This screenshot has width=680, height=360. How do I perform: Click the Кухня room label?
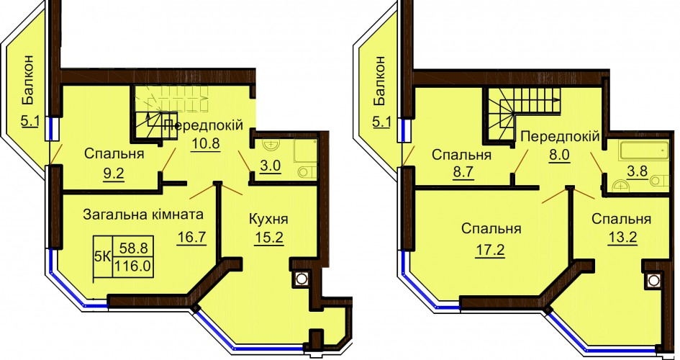tap(268, 219)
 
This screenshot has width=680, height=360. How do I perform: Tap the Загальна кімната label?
tap(143, 215)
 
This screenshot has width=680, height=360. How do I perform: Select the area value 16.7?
tap(191, 238)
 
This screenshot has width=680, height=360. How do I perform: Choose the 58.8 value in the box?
tap(135, 248)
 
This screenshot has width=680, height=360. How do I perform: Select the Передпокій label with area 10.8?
tap(204, 126)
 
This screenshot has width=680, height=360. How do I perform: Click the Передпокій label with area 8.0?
tap(561, 136)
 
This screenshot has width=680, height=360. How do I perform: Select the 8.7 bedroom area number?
tap(461, 173)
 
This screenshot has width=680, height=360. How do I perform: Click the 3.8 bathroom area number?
tap(638, 171)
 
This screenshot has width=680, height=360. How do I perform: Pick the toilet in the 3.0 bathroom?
tap(307, 172)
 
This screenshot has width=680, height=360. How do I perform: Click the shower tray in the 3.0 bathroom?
tap(306, 151)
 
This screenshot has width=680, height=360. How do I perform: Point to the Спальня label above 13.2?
tap(622, 220)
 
